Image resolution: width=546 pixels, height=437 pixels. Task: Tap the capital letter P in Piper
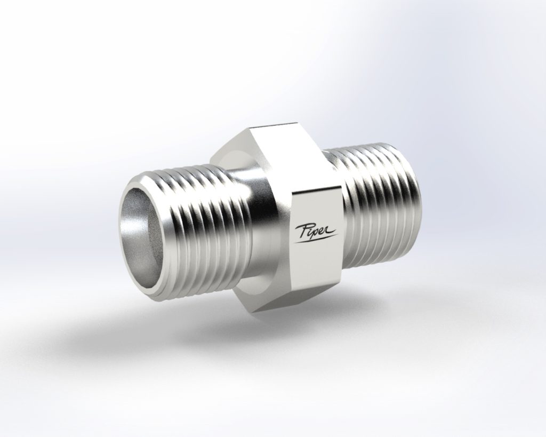click(302, 229)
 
